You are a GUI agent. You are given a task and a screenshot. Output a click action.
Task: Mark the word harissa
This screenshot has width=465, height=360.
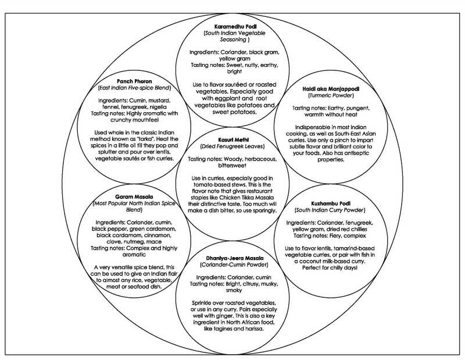point(253,329)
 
